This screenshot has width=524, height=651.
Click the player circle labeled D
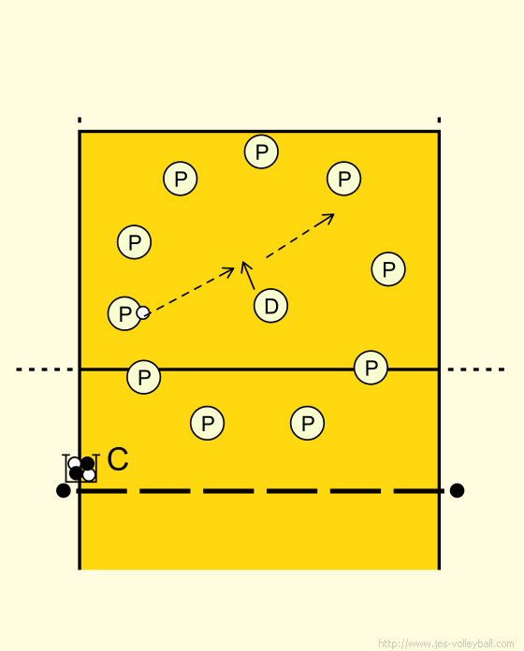(270, 306)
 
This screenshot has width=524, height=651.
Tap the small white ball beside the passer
(143, 312)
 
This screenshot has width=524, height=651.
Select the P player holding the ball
(124, 313)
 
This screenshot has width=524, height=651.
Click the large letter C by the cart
(118, 459)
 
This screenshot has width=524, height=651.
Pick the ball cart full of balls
(80, 469)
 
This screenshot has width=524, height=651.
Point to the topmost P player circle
(261, 152)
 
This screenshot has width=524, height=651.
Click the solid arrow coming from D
(248, 275)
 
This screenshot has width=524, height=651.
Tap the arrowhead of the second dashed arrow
(329, 218)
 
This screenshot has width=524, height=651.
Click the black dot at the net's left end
(63, 490)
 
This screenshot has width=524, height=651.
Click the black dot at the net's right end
(457, 490)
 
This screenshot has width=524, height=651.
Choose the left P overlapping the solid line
(144, 377)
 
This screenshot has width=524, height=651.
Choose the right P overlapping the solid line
(371, 368)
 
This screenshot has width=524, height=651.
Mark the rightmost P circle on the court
(388, 269)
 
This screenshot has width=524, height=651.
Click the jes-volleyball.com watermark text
(446, 644)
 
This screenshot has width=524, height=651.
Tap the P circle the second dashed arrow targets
(343, 179)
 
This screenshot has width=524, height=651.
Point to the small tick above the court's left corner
(80, 120)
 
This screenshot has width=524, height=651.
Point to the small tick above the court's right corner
(439, 120)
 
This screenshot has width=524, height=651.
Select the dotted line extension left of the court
(44, 369)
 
